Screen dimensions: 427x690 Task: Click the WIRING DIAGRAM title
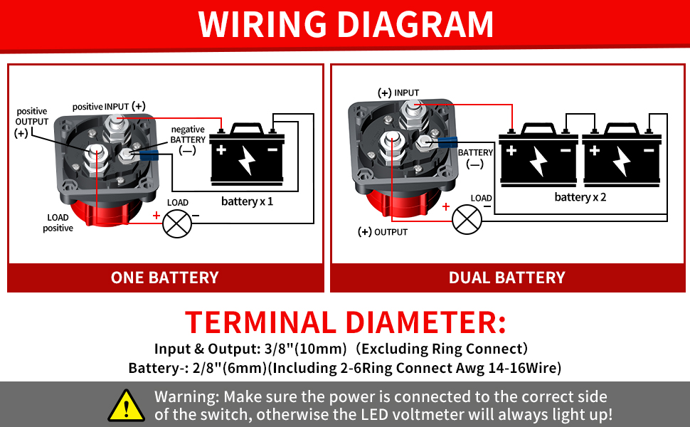346,24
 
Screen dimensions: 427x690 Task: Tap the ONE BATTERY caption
164,278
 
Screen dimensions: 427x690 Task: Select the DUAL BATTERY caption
506,278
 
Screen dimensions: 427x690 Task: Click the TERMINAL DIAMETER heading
346,323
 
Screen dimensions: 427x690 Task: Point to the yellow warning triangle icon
126,405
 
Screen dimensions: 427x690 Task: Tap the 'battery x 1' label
247,201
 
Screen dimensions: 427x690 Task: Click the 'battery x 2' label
580,196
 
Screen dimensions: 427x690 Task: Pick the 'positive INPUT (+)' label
109,106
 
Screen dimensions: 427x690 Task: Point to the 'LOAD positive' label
58,223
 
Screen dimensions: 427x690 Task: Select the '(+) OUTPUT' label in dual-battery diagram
383,232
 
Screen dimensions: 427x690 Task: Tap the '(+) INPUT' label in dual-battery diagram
398,93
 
